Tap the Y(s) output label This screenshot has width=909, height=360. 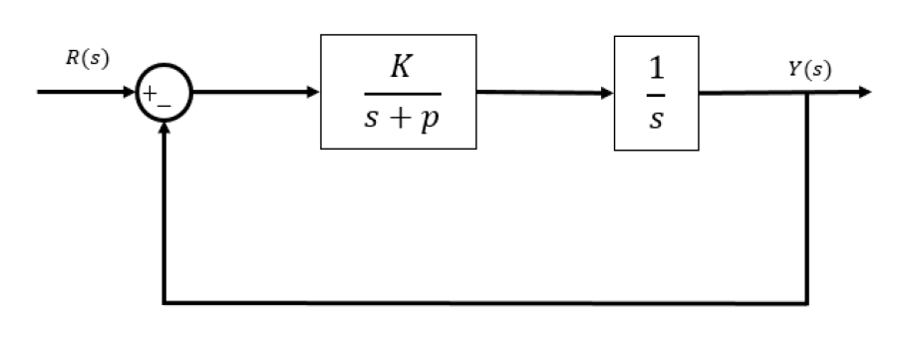pos(808,70)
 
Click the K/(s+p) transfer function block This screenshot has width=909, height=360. pos(398,92)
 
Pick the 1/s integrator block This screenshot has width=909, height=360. pos(657,92)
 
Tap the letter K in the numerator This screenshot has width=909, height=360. pos(397,70)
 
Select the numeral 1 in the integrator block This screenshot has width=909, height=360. pos(657,70)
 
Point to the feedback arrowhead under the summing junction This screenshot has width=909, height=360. pos(161,131)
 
